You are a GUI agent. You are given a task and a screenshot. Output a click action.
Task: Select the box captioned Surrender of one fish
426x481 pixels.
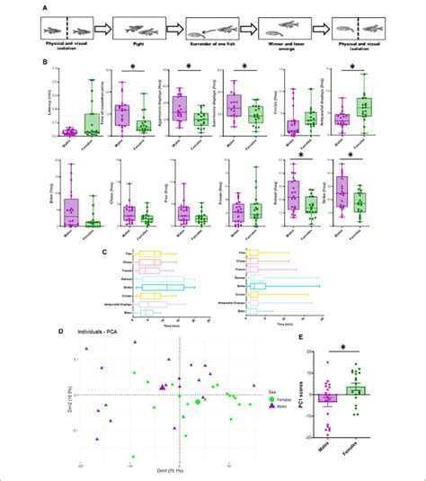click(x=213, y=29)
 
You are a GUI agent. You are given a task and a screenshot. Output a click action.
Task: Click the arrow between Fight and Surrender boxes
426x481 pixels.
click(x=176, y=30)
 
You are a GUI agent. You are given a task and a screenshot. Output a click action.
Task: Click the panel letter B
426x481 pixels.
click(x=32, y=62)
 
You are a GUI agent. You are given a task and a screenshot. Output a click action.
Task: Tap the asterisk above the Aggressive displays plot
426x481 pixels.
click(x=188, y=66)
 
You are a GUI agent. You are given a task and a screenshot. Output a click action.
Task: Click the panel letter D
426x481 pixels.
click(x=32, y=331)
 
